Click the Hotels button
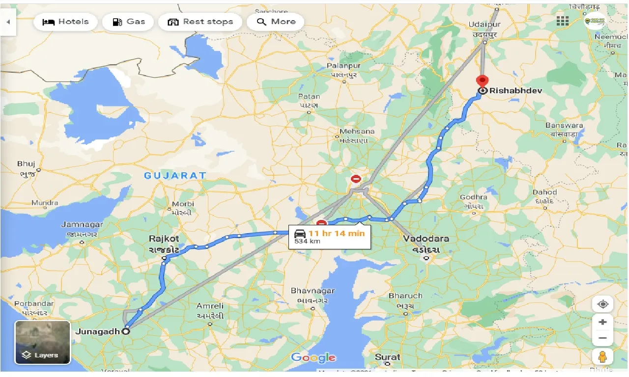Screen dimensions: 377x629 pos(65,22)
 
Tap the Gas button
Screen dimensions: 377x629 pos(128,22)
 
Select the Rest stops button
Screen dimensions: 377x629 pos(200,22)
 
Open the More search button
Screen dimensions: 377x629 pos(276,22)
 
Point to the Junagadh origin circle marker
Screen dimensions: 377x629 pos(126,331)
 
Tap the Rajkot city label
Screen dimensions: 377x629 pos(164,239)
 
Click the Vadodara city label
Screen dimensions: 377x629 pos(426,239)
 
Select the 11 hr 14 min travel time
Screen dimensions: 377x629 pos(337,233)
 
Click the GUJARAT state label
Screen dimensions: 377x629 pos(175,175)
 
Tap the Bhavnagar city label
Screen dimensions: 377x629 pos(313,291)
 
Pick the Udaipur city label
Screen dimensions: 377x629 pos(485,24)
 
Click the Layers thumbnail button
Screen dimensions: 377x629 pos(43,342)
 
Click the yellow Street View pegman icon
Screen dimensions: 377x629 pos(603,356)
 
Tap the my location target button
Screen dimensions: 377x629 pos(603,304)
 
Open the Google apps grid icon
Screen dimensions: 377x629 pos(563,21)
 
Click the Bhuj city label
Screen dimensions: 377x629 pos(26,163)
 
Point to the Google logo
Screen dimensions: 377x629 pos(313,358)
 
